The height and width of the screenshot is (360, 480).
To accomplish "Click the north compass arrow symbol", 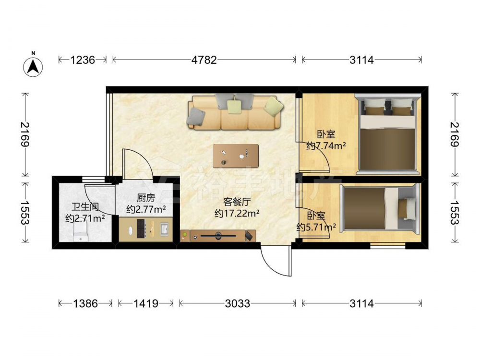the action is (x=33, y=65).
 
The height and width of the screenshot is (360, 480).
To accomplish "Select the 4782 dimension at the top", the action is (x=204, y=60).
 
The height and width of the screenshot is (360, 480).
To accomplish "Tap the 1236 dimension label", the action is (x=83, y=60).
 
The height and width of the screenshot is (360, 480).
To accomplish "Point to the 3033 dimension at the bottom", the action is (x=237, y=303).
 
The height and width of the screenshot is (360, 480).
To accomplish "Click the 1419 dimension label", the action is (x=146, y=303).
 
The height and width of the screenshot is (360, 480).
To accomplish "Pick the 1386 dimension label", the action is (x=85, y=303).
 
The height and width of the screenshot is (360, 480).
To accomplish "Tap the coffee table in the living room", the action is (x=236, y=156).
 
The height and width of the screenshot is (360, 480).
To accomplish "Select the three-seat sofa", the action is (x=235, y=112).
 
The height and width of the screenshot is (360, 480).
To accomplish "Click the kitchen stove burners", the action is (x=141, y=229).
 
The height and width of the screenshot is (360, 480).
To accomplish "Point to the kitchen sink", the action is (x=164, y=229).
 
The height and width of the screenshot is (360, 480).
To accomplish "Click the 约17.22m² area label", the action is (x=237, y=213).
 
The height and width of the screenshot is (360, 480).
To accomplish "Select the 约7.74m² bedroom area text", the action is (x=326, y=146).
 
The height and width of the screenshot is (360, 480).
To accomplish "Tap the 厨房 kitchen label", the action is (x=146, y=198).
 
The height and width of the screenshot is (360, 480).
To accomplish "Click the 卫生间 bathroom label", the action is (x=85, y=207).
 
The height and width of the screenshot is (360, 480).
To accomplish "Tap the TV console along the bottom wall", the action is (x=217, y=236).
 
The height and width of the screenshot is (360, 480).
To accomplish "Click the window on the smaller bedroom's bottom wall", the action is (x=387, y=245).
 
